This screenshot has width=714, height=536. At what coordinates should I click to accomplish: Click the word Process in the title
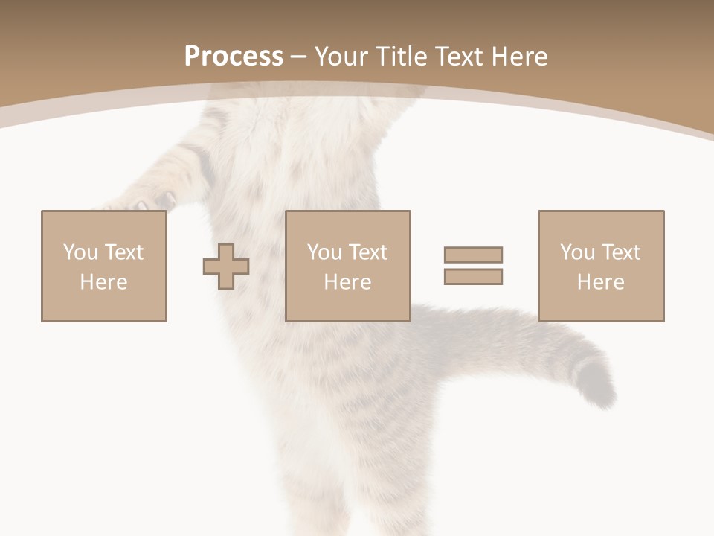pyautogui.click(x=234, y=57)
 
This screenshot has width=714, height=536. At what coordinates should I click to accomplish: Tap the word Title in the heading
pyautogui.click(x=402, y=57)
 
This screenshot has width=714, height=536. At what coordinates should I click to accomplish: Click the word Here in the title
pyautogui.click(x=521, y=57)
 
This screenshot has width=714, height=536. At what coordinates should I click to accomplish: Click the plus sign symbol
pyautogui.click(x=226, y=267)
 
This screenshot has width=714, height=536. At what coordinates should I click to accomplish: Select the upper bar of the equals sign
pyautogui.click(x=473, y=255)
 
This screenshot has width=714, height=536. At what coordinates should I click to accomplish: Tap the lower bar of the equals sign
pyautogui.click(x=473, y=277)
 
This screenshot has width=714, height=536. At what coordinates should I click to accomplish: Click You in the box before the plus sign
pyautogui.click(x=80, y=252)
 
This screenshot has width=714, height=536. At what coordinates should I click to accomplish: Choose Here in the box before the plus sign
pyautogui.click(x=103, y=282)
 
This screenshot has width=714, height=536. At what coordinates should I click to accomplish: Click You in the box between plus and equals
pyautogui.click(x=324, y=252)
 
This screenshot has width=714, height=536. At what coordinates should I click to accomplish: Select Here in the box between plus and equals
pyautogui.click(x=347, y=282)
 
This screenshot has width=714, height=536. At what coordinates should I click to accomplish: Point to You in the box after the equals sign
pyautogui.click(x=577, y=252)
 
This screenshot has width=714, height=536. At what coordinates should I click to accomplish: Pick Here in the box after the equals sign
pyautogui.click(x=600, y=282)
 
